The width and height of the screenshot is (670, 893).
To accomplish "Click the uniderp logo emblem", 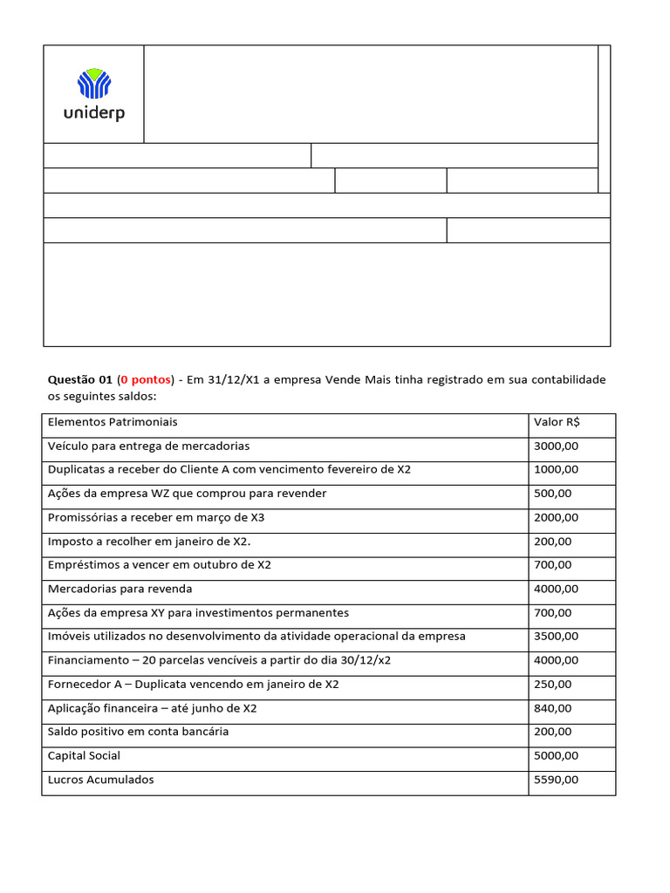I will (x=93, y=85).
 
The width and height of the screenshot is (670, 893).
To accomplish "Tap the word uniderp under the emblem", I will (x=93, y=113).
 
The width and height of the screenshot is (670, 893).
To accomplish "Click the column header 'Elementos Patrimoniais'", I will (x=113, y=422).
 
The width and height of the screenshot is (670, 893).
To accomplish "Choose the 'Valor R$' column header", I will (x=557, y=422).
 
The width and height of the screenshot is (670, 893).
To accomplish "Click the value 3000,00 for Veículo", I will (x=556, y=446).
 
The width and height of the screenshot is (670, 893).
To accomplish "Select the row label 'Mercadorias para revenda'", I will (x=120, y=589).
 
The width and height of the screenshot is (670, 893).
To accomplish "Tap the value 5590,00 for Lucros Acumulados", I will (x=556, y=780).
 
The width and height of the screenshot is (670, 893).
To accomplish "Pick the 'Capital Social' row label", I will (x=85, y=755).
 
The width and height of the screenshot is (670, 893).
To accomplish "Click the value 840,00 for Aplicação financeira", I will (x=553, y=708).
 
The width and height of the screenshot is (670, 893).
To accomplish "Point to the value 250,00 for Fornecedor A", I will (x=553, y=685).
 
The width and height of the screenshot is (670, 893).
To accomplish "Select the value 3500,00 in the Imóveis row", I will (x=556, y=637).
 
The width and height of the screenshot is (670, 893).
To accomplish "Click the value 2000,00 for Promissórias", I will (x=556, y=517).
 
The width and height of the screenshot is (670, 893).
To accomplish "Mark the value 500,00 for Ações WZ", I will (x=553, y=494).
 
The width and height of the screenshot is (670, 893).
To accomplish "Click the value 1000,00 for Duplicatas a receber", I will (x=556, y=469).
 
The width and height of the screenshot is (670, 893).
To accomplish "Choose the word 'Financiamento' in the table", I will (x=88, y=660).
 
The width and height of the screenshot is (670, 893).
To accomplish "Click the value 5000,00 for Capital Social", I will (x=556, y=755).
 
